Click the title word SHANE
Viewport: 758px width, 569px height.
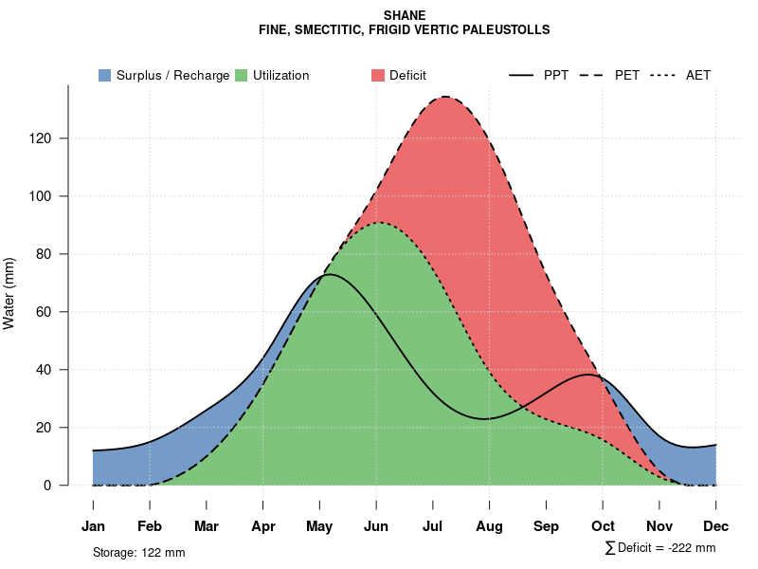point(405,15)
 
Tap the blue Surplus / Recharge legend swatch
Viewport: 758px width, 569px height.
point(105,75)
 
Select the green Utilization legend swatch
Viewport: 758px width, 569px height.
point(242,75)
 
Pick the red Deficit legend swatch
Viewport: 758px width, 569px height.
point(377,75)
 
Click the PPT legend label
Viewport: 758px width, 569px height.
point(556,75)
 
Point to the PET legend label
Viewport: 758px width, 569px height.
point(627,75)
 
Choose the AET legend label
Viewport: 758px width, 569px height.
point(698,75)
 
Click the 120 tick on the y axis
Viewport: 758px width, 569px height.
point(49,138)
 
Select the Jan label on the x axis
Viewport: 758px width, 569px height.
point(93,526)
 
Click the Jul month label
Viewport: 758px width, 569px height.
point(433,526)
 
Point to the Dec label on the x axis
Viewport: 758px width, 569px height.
point(716,526)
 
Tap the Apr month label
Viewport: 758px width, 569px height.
point(263,526)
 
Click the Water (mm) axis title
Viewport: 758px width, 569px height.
point(9,293)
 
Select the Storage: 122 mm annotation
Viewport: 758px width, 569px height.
point(138,552)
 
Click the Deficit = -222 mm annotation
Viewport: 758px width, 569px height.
point(659,548)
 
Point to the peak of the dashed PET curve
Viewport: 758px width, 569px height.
point(444,97)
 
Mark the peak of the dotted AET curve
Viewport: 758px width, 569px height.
point(379,223)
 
